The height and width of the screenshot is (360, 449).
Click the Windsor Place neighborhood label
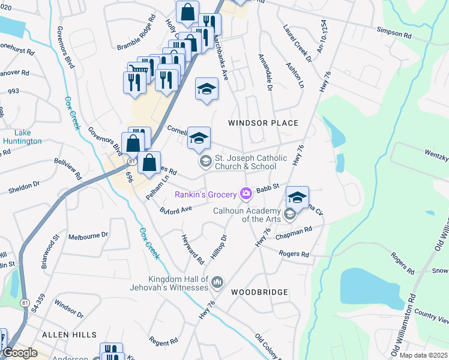click(x=263, y=123)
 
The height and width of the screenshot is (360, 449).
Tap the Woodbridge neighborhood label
click(x=259, y=292)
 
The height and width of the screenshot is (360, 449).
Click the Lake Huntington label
click(x=22, y=137)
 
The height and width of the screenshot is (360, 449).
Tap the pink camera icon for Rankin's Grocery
click(x=245, y=193)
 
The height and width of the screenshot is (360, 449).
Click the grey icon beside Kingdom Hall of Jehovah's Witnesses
click(x=217, y=281)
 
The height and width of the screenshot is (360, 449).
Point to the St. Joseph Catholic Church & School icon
click(x=205, y=161)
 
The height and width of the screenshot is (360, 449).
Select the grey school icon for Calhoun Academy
click(x=290, y=214)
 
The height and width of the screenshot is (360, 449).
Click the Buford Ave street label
click(x=175, y=209)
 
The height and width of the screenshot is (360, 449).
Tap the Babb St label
click(x=268, y=188)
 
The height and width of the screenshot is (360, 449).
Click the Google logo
click(x=20, y=352)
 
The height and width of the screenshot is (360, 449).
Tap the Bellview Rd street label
click(x=67, y=169)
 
